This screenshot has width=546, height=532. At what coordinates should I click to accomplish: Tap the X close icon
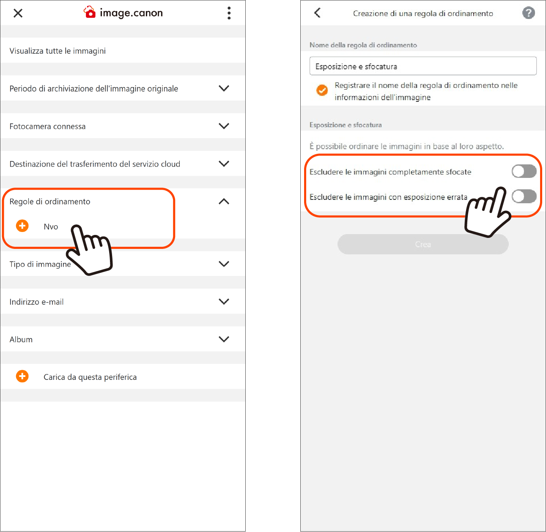point(18,13)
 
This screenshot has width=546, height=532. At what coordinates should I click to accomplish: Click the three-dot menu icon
point(229,13)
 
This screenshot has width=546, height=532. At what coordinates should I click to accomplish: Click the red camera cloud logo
point(90,12)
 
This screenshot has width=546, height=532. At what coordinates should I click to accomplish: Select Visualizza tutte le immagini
point(58,51)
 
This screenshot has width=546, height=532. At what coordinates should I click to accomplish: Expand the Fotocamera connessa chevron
point(224,126)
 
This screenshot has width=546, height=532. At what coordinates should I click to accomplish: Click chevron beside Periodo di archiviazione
point(224,88)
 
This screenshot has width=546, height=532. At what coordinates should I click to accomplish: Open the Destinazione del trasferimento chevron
point(224,164)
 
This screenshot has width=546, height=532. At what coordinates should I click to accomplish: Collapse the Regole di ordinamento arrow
point(224,201)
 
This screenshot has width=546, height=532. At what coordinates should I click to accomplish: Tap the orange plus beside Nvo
point(22,226)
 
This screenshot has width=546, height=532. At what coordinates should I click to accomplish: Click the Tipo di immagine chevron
point(224,264)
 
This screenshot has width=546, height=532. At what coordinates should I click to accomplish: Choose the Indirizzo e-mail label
point(36,302)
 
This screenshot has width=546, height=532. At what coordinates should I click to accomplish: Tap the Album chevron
point(224,339)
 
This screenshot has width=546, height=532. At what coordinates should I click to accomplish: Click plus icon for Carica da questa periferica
point(22,376)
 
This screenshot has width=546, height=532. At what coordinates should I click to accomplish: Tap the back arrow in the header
point(317,13)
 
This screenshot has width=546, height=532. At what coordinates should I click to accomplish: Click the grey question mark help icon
point(528,13)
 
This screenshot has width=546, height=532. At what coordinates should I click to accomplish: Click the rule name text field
point(423,66)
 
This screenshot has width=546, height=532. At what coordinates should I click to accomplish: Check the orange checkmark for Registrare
point(322,90)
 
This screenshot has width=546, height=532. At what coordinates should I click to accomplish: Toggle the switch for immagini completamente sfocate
point(524,171)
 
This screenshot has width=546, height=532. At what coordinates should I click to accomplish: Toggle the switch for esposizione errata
point(524,196)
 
